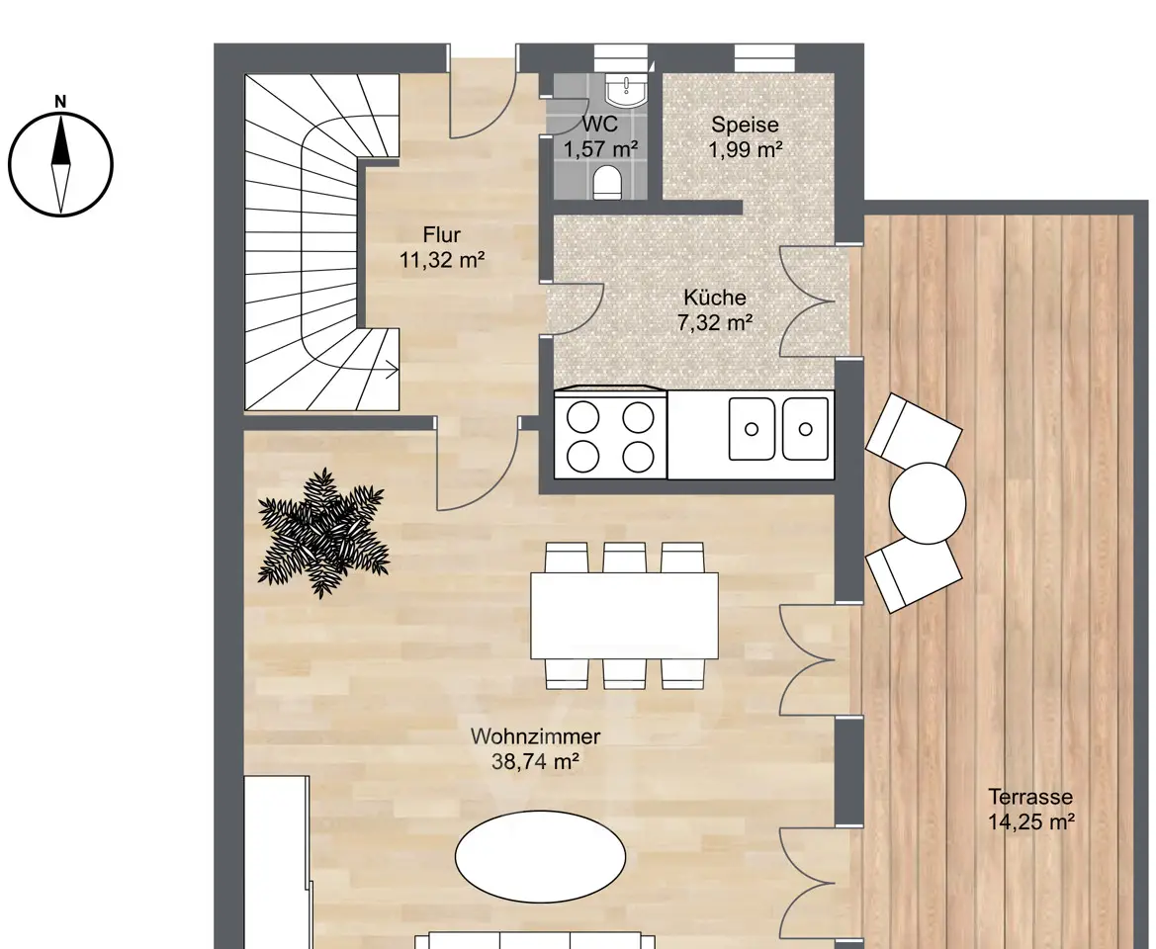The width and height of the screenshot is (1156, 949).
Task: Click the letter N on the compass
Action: click(x=61, y=102)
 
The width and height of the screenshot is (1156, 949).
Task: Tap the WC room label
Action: click(x=600, y=123)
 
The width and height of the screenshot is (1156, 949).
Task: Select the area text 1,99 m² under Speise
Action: click(x=746, y=149)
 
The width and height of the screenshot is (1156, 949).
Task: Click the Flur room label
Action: click(x=442, y=235)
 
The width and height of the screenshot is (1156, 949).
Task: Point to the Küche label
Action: click(x=714, y=298)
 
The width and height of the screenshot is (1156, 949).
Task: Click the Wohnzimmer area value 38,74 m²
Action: click(x=535, y=761)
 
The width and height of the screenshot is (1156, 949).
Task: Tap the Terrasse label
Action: click(x=1030, y=797)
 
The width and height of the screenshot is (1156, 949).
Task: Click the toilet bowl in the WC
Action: click(x=607, y=182)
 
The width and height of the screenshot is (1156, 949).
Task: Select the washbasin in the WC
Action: click(x=626, y=89)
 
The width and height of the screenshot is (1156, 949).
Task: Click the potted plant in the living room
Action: click(x=322, y=532)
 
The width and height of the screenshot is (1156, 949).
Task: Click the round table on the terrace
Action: click(x=928, y=503)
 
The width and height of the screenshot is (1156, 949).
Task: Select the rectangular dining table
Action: click(x=624, y=615)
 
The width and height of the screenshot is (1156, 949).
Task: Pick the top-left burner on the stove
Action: click(x=582, y=416)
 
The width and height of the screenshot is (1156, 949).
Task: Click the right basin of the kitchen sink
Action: click(x=805, y=428)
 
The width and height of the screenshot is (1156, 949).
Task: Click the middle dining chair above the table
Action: click(x=624, y=558)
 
